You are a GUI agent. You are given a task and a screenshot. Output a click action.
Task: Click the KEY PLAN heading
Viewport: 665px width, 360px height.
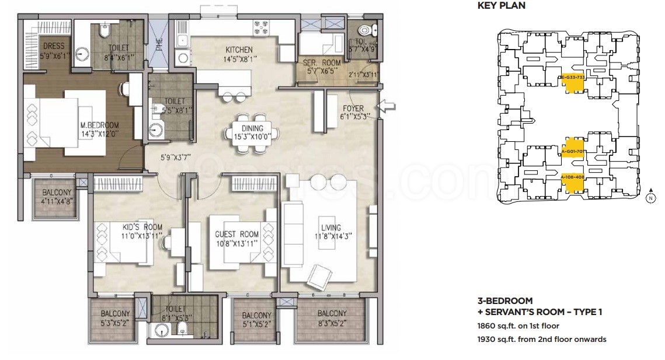(501, 6)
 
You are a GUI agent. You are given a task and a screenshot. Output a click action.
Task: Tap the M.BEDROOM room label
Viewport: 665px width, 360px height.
(100, 125)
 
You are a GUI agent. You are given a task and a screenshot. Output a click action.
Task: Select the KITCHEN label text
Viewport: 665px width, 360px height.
(239, 50)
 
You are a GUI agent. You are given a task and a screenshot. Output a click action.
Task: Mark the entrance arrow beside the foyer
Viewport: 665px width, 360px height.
(387, 106)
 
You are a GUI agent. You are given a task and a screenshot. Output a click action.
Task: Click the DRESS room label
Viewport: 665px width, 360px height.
(53, 46)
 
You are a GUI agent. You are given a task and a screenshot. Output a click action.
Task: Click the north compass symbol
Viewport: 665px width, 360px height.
(649, 197)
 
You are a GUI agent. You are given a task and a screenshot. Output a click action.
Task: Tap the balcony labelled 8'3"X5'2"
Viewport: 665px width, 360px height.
(332, 313)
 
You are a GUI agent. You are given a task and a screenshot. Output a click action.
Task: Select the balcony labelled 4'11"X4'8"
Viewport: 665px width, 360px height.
(57, 192)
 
